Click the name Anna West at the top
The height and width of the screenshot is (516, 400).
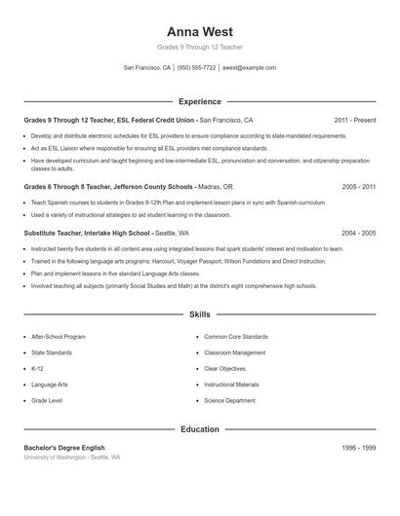[199, 32]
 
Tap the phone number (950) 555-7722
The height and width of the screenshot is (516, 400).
[196, 68]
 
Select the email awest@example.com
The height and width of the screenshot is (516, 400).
[249, 68]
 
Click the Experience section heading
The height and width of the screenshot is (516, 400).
[199, 101]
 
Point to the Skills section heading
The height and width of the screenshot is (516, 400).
[199, 314]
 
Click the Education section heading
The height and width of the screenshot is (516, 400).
[199, 428]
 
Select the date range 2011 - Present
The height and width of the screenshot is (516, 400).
[354, 120]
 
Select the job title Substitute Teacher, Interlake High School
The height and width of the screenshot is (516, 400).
[87, 234]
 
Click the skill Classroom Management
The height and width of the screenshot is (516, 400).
[234, 352]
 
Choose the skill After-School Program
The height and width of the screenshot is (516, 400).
[59, 337]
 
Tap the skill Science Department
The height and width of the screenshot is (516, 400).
[229, 400]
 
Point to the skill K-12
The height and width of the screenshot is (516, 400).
[37, 369]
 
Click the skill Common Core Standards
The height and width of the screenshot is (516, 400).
[235, 337]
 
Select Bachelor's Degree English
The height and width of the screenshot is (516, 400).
[63, 447]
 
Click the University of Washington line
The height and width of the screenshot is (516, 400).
[71, 457]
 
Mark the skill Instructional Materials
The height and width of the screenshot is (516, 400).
[231, 385]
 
